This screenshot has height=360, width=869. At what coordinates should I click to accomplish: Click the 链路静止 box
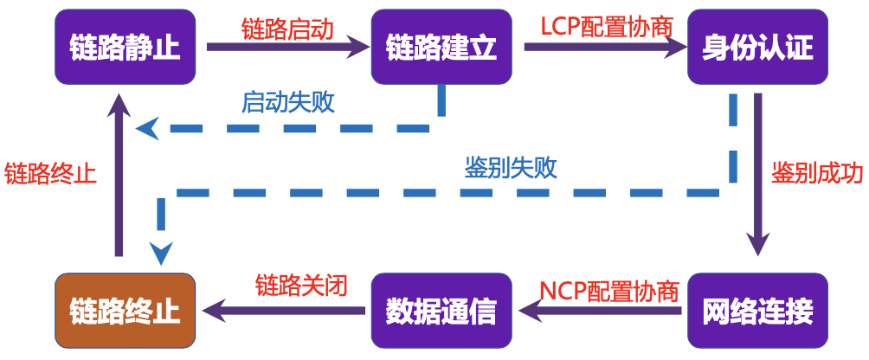(x=126, y=48)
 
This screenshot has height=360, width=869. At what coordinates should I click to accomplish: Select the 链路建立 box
(x=441, y=48)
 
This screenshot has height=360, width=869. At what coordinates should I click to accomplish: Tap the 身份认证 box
(x=757, y=48)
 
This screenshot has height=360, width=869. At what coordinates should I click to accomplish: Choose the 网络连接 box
(x=757, y=311)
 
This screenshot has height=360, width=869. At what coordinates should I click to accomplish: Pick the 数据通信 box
(x=441, y=311)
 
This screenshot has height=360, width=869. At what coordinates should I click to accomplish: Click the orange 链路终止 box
(x=126, y=311)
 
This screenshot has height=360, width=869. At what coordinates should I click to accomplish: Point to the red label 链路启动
(x=286, y=28)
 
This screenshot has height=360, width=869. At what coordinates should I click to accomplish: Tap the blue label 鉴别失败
(x=511, y=168)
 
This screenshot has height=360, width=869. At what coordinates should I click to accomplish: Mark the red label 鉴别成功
(x=818, y=172)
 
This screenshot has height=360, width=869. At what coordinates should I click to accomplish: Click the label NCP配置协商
(x=608, y=290)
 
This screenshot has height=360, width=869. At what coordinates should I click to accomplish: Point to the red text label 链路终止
(x=49, y=172)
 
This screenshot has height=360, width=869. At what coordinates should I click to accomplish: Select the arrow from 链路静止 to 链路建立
(x=286, y=49)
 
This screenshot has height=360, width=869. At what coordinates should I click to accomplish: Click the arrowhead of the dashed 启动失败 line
(x=149, y=129)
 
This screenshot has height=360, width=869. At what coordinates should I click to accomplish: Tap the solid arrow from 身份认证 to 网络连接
(x=758, y=173)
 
